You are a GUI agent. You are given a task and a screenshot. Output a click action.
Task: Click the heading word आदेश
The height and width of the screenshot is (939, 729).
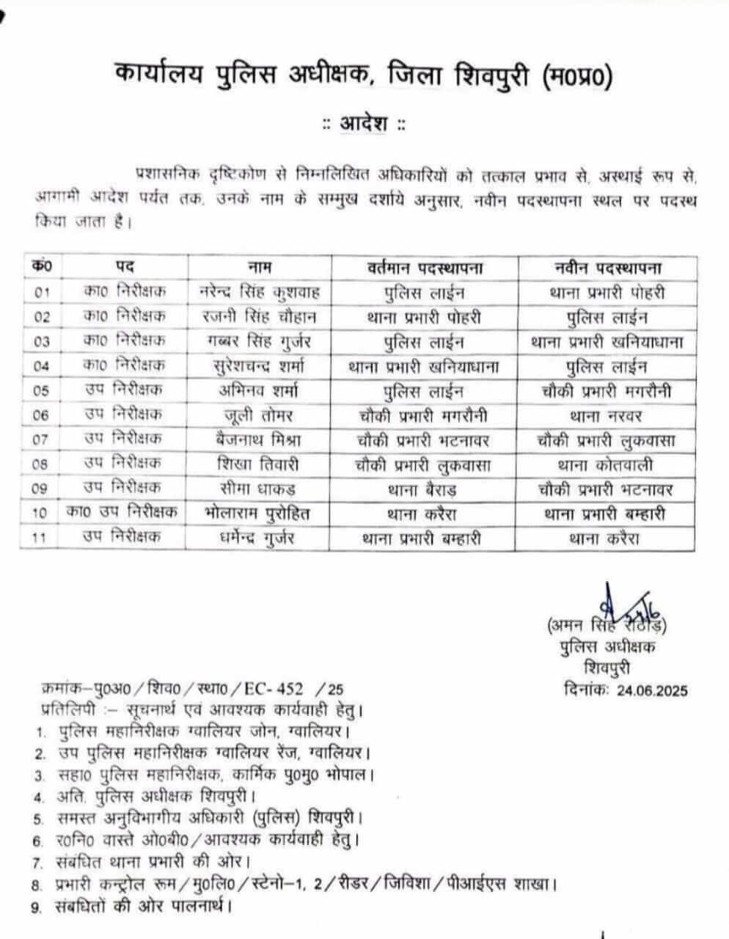click(364, 124)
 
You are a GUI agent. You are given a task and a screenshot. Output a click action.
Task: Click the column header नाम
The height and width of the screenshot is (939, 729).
click(260, 267)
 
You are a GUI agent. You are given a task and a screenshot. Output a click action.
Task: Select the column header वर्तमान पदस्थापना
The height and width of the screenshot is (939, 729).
click(425, 267)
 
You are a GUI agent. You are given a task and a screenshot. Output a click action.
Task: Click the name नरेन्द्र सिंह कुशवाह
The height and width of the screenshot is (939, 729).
click(260, 292)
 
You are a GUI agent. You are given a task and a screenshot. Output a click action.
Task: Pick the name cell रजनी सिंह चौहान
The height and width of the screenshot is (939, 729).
click(260, 317)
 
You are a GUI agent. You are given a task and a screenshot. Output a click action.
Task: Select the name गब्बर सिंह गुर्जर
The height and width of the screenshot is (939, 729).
click(260, 341)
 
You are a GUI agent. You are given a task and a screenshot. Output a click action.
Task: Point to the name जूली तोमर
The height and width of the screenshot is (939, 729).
click(260, 415)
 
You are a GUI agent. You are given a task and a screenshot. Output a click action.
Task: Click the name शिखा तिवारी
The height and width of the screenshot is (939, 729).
click(260, 464)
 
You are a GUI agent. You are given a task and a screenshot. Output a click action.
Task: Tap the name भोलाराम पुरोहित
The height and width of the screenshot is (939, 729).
click(260, 514)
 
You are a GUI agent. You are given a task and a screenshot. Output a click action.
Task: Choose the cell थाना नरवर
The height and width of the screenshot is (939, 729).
click(606, 415)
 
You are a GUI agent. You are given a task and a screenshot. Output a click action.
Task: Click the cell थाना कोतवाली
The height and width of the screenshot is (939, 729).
click(606, 464)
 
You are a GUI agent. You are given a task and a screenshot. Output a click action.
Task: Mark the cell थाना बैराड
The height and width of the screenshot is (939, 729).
click(425, 489)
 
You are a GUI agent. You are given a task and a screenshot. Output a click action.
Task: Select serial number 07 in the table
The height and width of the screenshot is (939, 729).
click(42, 440)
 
